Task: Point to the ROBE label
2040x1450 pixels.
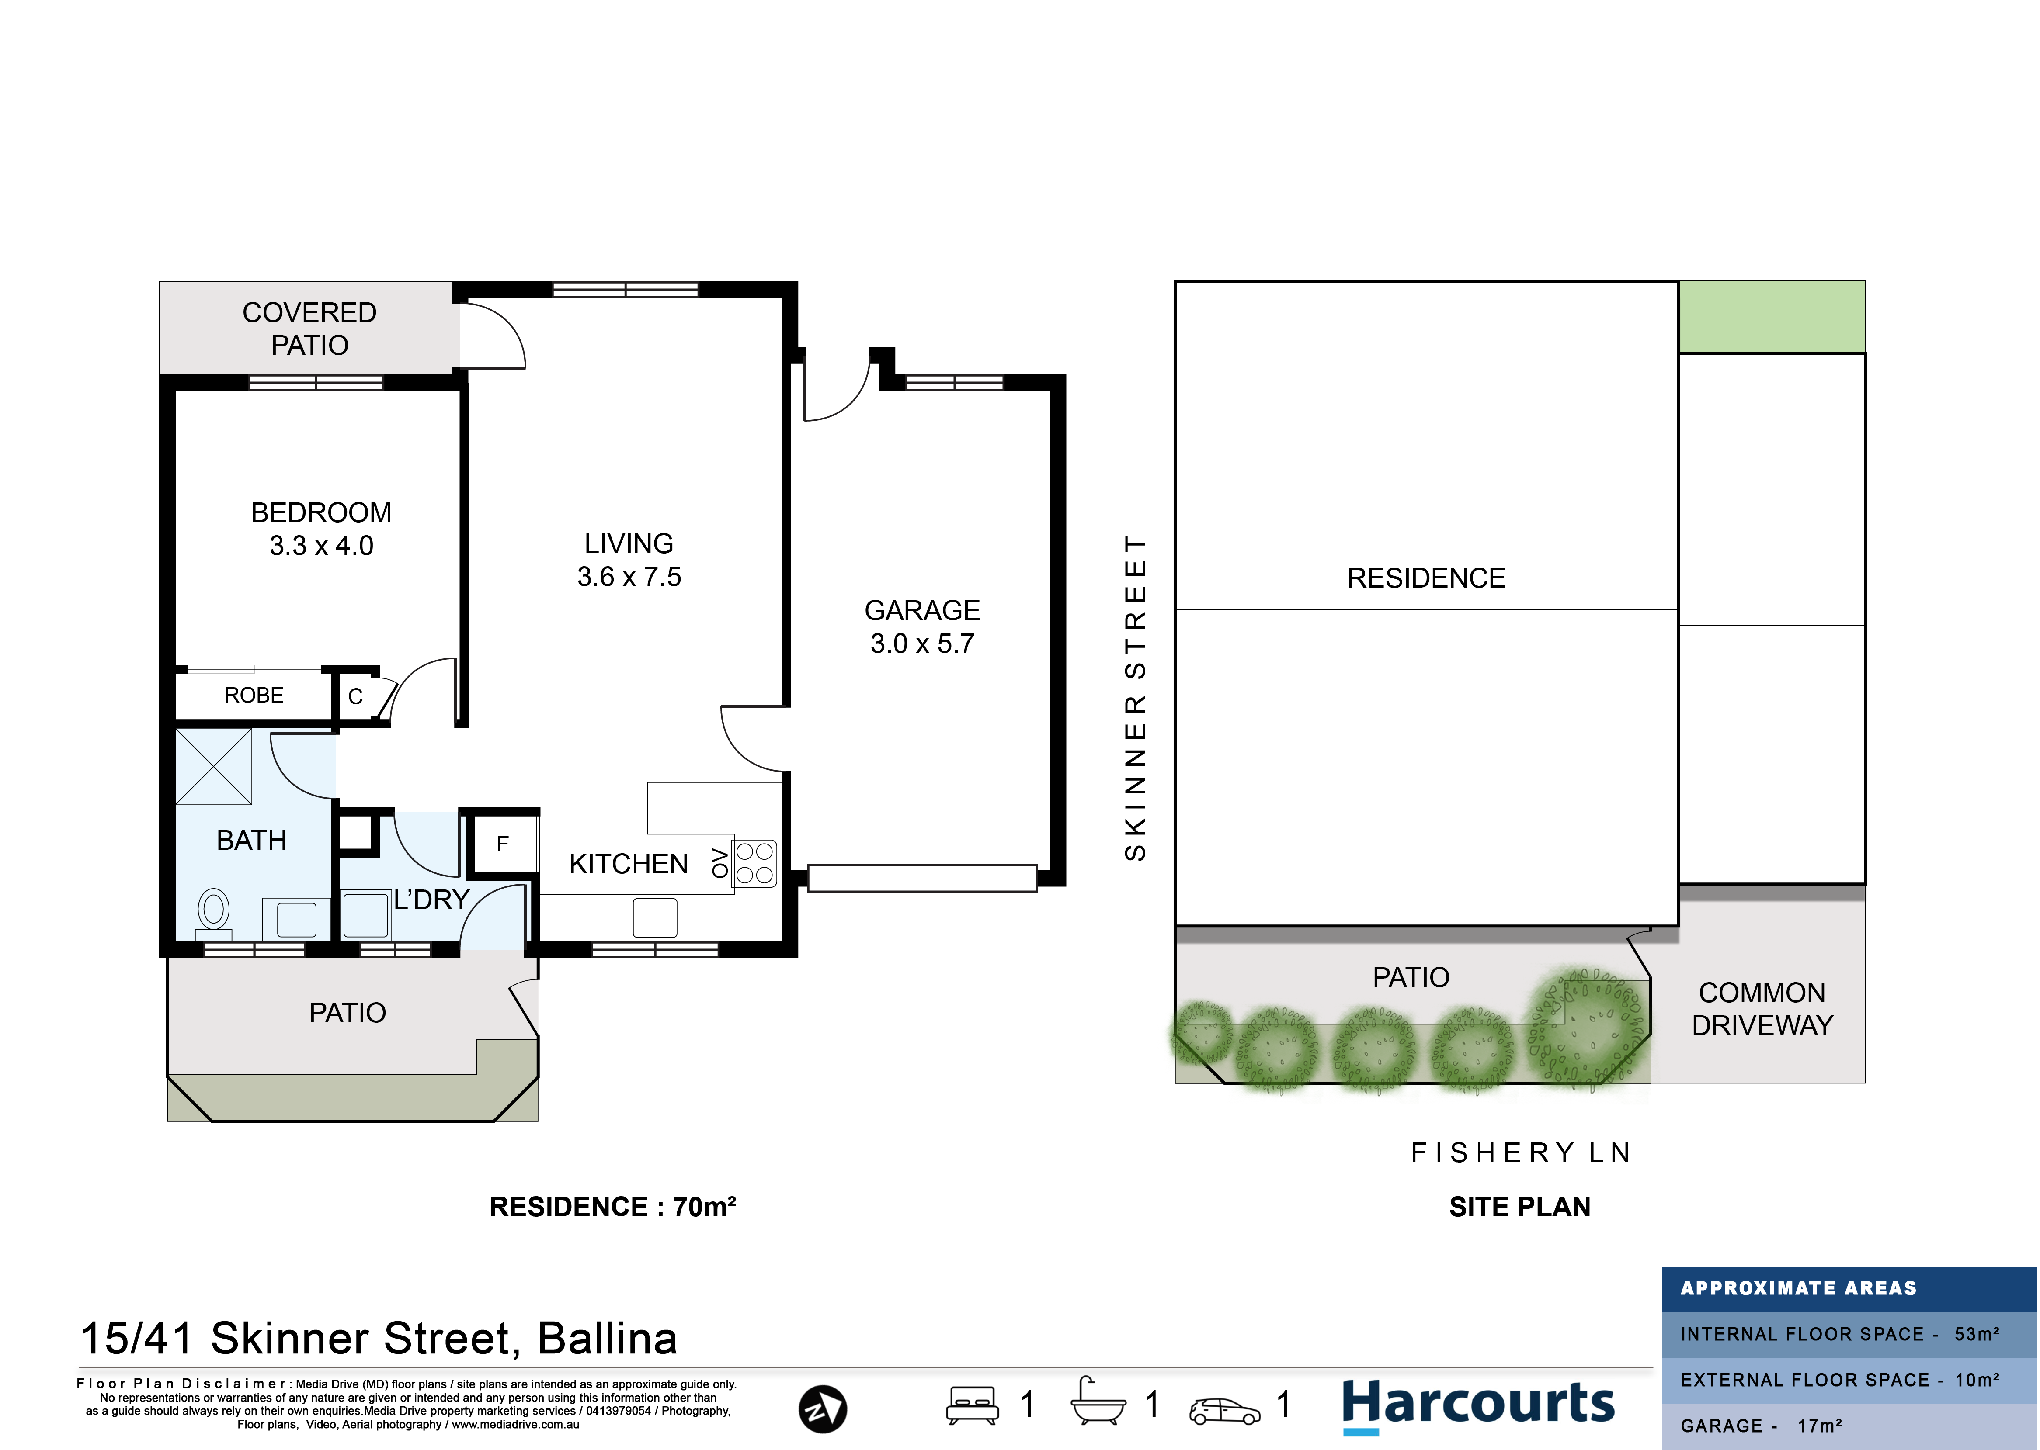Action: pos(254,695)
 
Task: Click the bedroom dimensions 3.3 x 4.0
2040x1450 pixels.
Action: pos(322,546)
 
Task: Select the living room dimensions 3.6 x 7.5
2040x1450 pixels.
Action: pos(629,577)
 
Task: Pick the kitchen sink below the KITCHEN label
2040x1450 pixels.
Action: pos(655,917)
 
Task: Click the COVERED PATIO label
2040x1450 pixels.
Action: pos(310,329)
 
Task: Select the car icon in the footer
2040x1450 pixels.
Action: pos(1224,1411)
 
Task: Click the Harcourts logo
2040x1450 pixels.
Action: pos(1478,1405)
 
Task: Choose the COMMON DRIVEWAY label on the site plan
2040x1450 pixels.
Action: pos(1762,1009)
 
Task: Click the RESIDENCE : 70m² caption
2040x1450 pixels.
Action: pos(613,1207)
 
